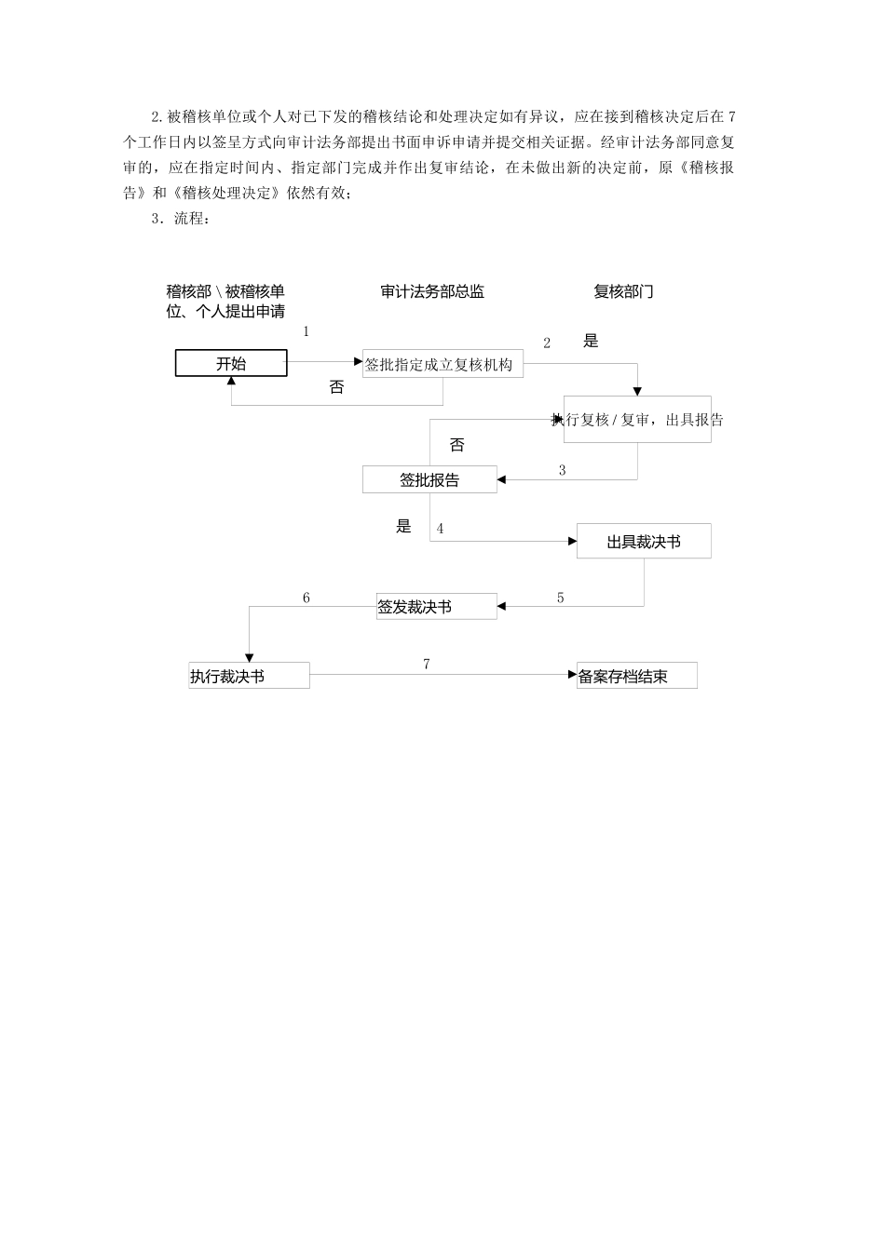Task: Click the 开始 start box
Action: (x=231, y=363)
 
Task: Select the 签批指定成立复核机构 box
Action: (x=442, y=364)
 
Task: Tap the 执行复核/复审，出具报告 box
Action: (x=637, y=420)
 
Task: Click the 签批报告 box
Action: (x=429, y=480)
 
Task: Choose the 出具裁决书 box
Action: (x=644, y=542)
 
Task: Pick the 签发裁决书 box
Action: (x=436, y=607)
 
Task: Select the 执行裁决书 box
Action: (x=249, y=677)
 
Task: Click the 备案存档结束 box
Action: (x=637, y=677)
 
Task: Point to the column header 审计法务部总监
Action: (x=432, y=291)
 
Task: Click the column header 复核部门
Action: (x=623, y=291)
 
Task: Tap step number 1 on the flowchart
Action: (x=306, y=332)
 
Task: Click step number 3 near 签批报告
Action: (x=562, y=471)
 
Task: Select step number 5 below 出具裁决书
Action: (x=561, y=599)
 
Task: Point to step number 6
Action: (x=306, y=599)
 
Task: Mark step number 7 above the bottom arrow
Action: (x=427, y=665)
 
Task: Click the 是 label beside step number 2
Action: (x=591, y=342)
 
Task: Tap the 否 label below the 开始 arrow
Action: (x=336, y=387)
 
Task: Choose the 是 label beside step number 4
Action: (x=403, y=527)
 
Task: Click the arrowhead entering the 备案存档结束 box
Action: (x=572, y=675)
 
